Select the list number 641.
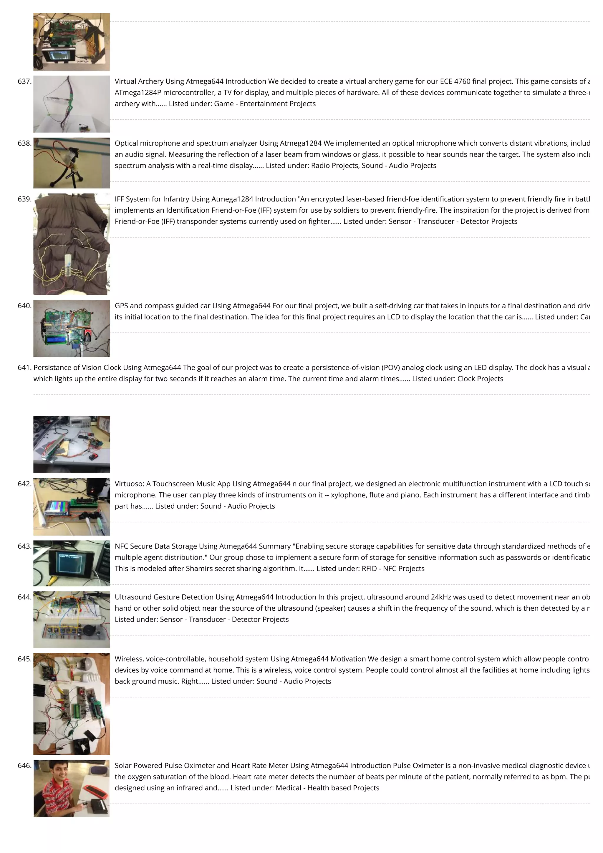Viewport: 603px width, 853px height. (24, 368)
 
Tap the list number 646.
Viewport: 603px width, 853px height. (24, 766)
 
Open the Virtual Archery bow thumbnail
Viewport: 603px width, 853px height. (72, 104)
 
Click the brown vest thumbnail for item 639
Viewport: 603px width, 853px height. (72, 244)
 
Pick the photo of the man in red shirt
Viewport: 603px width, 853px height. (72, 788)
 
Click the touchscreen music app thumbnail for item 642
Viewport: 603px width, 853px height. (72, 507)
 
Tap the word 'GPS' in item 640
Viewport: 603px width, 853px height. (121, 306)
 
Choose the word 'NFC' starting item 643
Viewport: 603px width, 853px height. (121, 547)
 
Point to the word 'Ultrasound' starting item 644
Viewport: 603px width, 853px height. (133, 597)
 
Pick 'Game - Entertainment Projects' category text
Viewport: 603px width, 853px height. (265, 104)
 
